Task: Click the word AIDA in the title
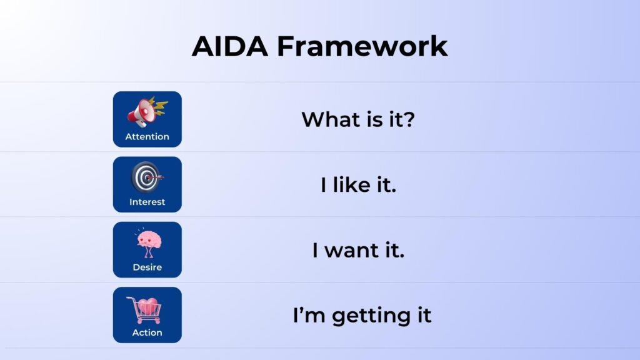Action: pos(231,46)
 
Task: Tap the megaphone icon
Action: pos(146,111)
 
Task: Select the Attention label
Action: pos(147,137)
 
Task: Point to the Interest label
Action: pos(147,202)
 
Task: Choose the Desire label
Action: pos(147,267)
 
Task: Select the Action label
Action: pos(147,332)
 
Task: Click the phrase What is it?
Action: pos(358,119)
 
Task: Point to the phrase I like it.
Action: pos(358,185)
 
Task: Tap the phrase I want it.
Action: pos(358,251)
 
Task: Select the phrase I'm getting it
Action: pos(362,316)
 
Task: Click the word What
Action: pos(328,119)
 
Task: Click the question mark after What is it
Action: pos(408,119)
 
